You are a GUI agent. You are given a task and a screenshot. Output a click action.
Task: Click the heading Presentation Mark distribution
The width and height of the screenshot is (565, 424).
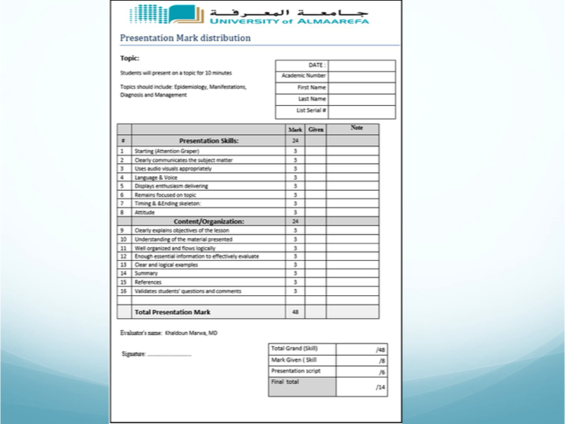coord(185,38)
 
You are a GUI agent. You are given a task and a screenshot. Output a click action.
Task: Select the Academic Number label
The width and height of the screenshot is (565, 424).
coord(303,76)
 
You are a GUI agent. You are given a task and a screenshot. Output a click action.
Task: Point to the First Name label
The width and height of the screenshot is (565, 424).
coord(311,88)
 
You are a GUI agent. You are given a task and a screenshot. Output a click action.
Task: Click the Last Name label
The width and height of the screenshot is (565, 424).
coord(312,100)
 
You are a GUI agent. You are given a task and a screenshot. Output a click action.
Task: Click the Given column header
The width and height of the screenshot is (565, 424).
coord(315,129)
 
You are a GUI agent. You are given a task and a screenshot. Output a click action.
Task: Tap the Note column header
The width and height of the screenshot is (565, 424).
coord(357,128)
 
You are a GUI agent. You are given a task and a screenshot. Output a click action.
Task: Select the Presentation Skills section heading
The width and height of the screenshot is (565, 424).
coord(208,140)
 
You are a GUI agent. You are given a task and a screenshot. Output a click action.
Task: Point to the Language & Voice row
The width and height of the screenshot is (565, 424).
coord(156,177)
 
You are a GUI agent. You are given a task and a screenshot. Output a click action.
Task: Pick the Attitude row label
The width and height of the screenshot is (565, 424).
coord(145,212)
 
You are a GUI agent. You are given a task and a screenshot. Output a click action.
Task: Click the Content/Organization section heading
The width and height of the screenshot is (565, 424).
coord(208,221)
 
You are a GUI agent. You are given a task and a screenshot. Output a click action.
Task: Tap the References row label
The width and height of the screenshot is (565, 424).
coord(149,282)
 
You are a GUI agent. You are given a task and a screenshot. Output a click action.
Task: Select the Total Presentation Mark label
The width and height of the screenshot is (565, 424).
coord(172,312)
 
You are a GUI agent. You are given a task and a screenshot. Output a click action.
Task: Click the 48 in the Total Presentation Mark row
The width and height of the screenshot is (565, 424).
coord(295,312)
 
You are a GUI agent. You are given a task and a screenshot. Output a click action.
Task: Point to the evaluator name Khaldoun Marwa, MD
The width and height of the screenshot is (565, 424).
coord(191,333)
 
